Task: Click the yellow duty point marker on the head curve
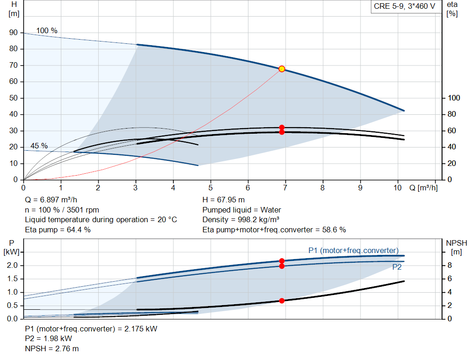pyautogui.click(x=282, y=69)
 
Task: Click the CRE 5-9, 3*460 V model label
pyautogui.click(x=404, y=7)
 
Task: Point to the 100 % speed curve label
pyautogui.click(x=47, y=31)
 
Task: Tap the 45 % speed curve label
pyautogui.click(x=39, y=146)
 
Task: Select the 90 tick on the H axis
pyautogui.click(x=13, y=33)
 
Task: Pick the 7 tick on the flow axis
pyautogui.click(x=285, y=188)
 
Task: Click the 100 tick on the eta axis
pyautogui.click(x=454, y=98)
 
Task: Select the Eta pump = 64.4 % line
pyautogui.click(x=58, y=230)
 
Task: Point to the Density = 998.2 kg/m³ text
pyautogui.click(x=241, y=219)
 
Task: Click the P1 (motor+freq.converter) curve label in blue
pyautogui.click(x=353, y=250)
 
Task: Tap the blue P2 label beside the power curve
pyautogui.click(x=397, y=267)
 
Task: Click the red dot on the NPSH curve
pyautogui.click(x=282, y=301)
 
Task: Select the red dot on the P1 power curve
pyautogui.click(x=282, y=261)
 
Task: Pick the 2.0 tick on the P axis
pyautogui.click(x=12, y=266)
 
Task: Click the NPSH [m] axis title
pyautogui.click(x=456, y=247)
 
